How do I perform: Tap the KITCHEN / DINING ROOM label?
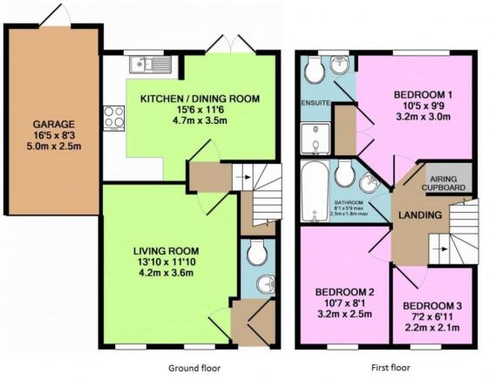[200, 99]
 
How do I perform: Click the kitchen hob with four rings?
[113, 117]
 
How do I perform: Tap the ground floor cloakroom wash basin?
[267, 284]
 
